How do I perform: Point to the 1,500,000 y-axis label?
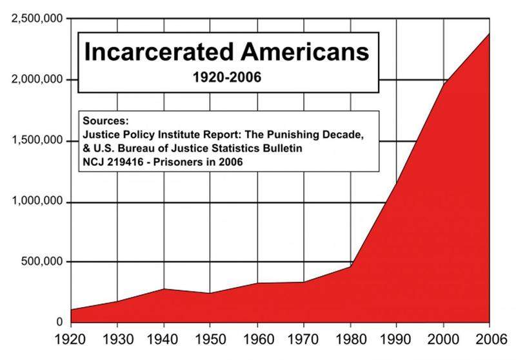(37, 140)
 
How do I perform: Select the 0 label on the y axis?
(59, 322)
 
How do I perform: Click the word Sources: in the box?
(106, 121)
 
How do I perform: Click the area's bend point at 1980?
(350, 266)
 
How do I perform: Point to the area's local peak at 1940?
(164, 288)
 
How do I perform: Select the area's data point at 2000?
(443, 84)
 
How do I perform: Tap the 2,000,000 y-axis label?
(37, 79)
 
